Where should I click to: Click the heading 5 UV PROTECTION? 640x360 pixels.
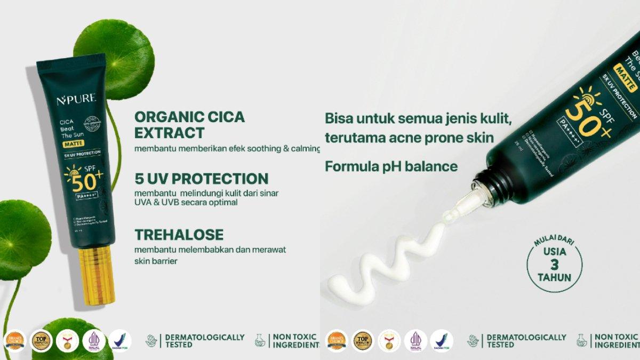201,179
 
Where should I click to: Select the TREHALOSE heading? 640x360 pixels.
179,235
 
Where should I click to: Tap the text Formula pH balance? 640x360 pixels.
391,166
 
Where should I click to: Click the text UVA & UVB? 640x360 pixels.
156,203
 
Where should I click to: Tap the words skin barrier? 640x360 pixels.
156,261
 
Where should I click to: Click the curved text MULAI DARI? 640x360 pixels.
554,242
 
